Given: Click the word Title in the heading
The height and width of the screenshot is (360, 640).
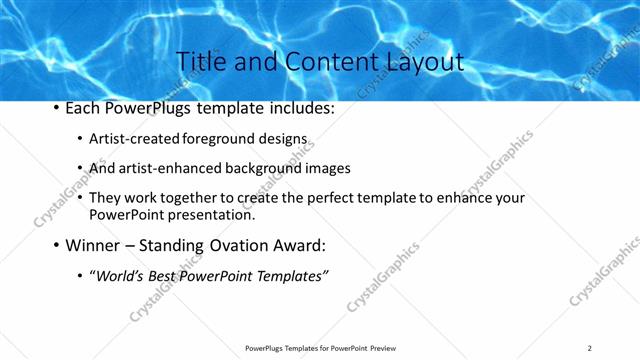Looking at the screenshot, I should pyautogui.click(x=198, y=62).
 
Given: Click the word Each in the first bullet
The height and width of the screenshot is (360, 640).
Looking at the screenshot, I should pyautogui.click(x=84, y=108).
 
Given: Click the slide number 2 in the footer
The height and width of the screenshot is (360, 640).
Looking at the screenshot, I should pyautogui.click(x=589, y=348).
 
